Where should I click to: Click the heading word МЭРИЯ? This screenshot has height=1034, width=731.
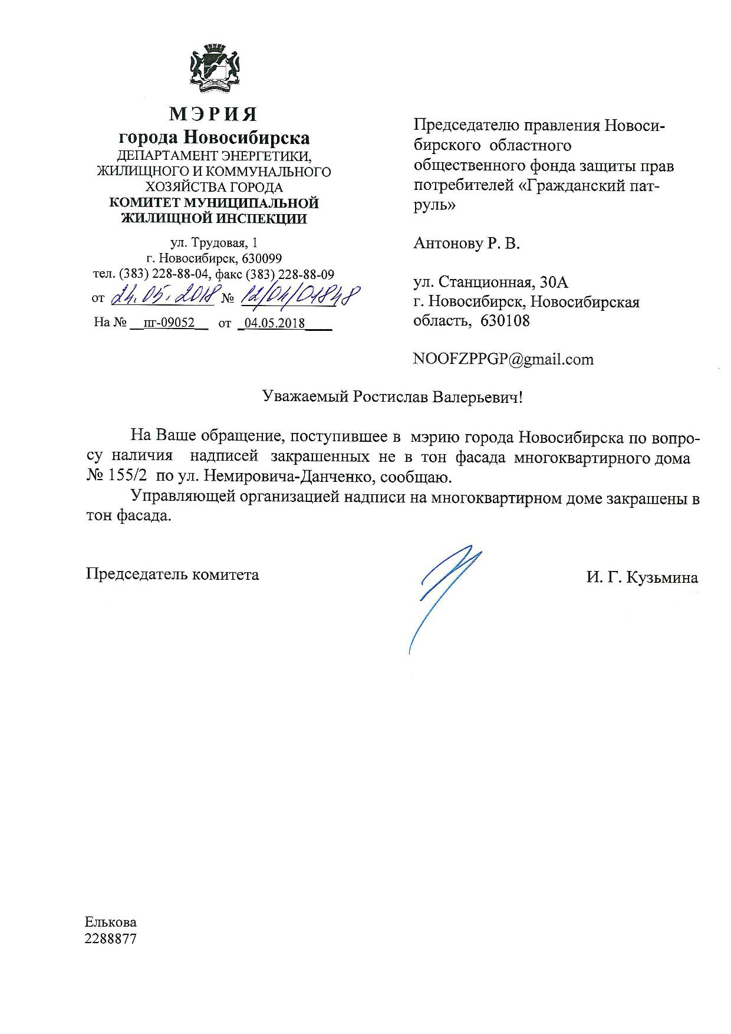point(213,113)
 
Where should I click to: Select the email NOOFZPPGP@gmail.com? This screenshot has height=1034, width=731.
point(503,359)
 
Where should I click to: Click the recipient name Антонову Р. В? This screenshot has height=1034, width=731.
point(467,243)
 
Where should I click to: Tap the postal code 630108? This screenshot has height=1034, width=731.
point(505,321)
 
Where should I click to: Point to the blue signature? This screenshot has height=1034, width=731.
point(443,590)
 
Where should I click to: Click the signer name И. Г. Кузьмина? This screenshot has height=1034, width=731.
point(642,577)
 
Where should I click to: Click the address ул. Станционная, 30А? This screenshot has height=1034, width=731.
point(491,283)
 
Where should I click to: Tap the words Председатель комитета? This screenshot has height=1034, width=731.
point(172,574)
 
